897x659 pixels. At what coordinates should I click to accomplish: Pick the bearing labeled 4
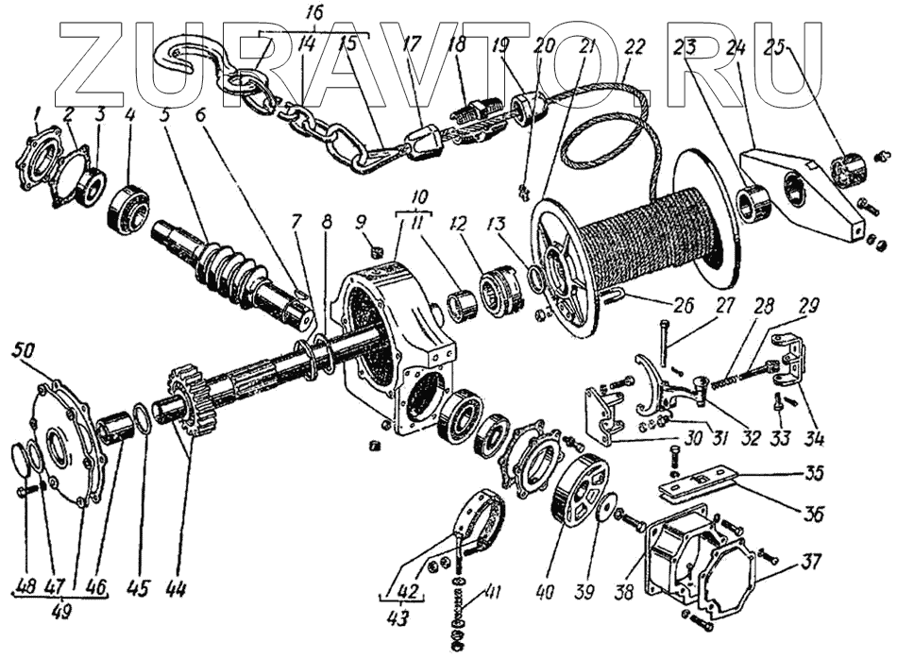coord(127,211)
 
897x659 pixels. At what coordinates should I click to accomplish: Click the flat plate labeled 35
coord(703,481)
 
